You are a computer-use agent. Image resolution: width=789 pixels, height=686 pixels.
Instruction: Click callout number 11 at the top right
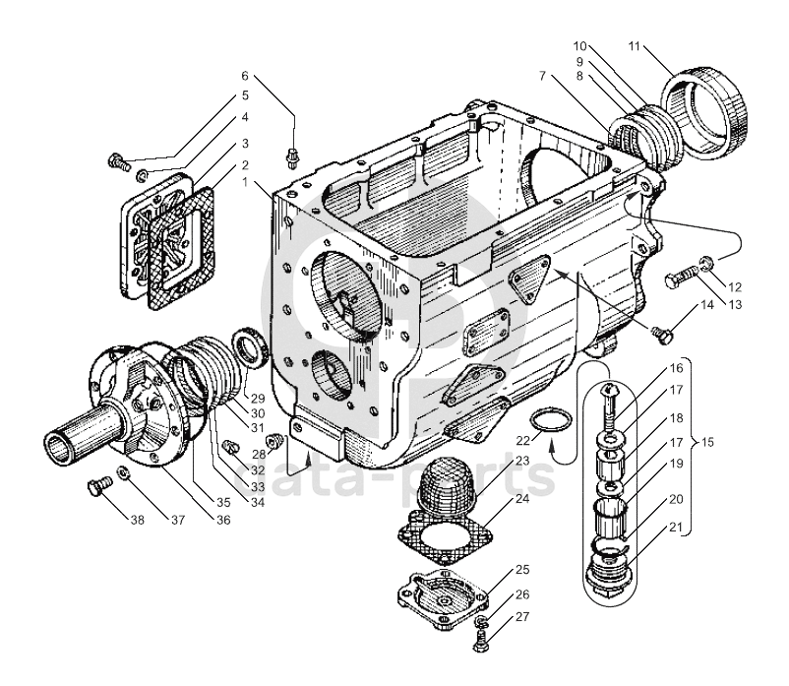point(635,45)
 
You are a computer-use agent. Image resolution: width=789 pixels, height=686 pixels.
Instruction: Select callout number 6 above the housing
point(246,76)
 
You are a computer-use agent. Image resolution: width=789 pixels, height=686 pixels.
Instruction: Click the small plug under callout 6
point(292,154)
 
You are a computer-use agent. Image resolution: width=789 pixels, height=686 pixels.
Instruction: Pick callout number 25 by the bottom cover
point(520,571)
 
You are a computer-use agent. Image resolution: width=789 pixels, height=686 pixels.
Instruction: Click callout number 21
point(676,528)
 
